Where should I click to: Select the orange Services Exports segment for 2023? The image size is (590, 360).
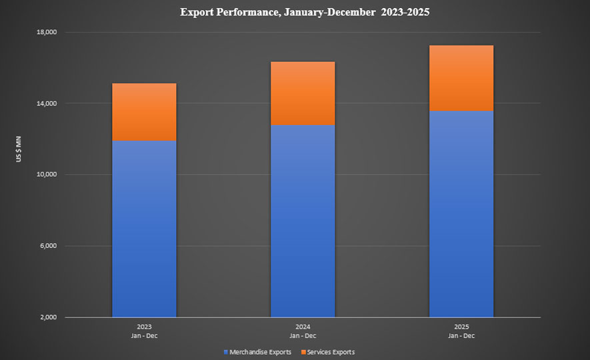(x=144, y=112)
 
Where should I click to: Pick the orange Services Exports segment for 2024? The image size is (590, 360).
(x=302, y=93)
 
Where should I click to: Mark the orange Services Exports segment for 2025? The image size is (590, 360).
(x=461, y=78)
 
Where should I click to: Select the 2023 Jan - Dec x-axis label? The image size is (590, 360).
(x=144, y=331)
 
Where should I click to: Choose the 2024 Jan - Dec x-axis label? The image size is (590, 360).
(x=302, y=331)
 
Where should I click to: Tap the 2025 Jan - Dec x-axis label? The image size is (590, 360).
(x=461, y=331)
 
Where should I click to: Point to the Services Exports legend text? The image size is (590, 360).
(x=331, y=352)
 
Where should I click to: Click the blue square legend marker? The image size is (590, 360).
(x=227, y=352)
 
